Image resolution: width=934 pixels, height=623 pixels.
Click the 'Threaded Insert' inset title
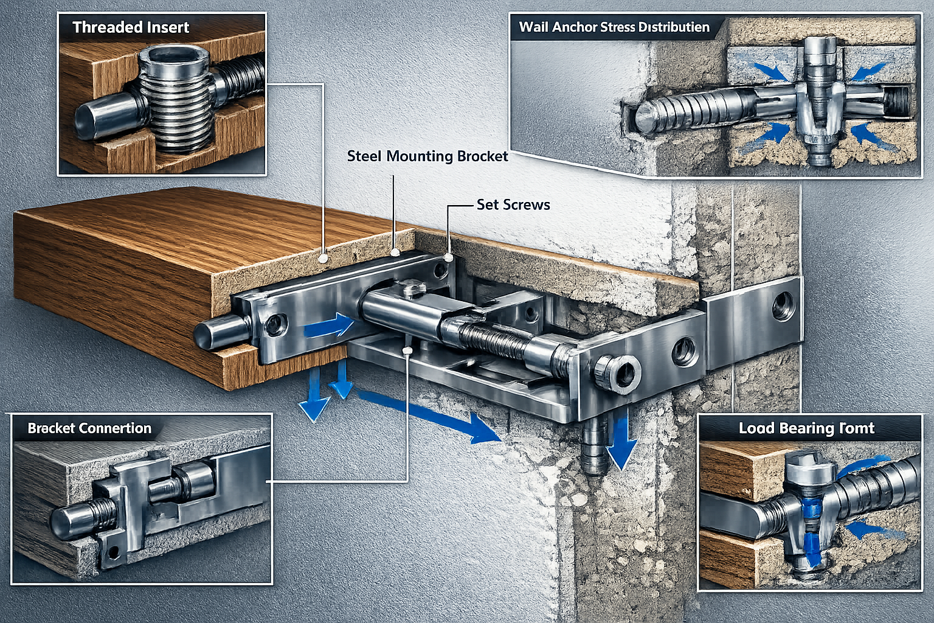(131, 27)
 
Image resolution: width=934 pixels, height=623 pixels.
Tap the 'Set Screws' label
(513, 204)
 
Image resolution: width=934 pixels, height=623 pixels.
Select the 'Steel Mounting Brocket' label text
(427, 156)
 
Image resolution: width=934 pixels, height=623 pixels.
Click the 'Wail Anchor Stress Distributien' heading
(614, 27)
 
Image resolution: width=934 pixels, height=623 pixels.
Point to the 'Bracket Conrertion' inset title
(89, 428)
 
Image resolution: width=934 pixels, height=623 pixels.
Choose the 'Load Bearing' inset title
(806, 428)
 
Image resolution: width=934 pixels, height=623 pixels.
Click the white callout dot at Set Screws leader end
(449, 258)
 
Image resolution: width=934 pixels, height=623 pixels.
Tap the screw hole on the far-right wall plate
(783, 305)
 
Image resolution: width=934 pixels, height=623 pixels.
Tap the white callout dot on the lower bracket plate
(407, 351)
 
